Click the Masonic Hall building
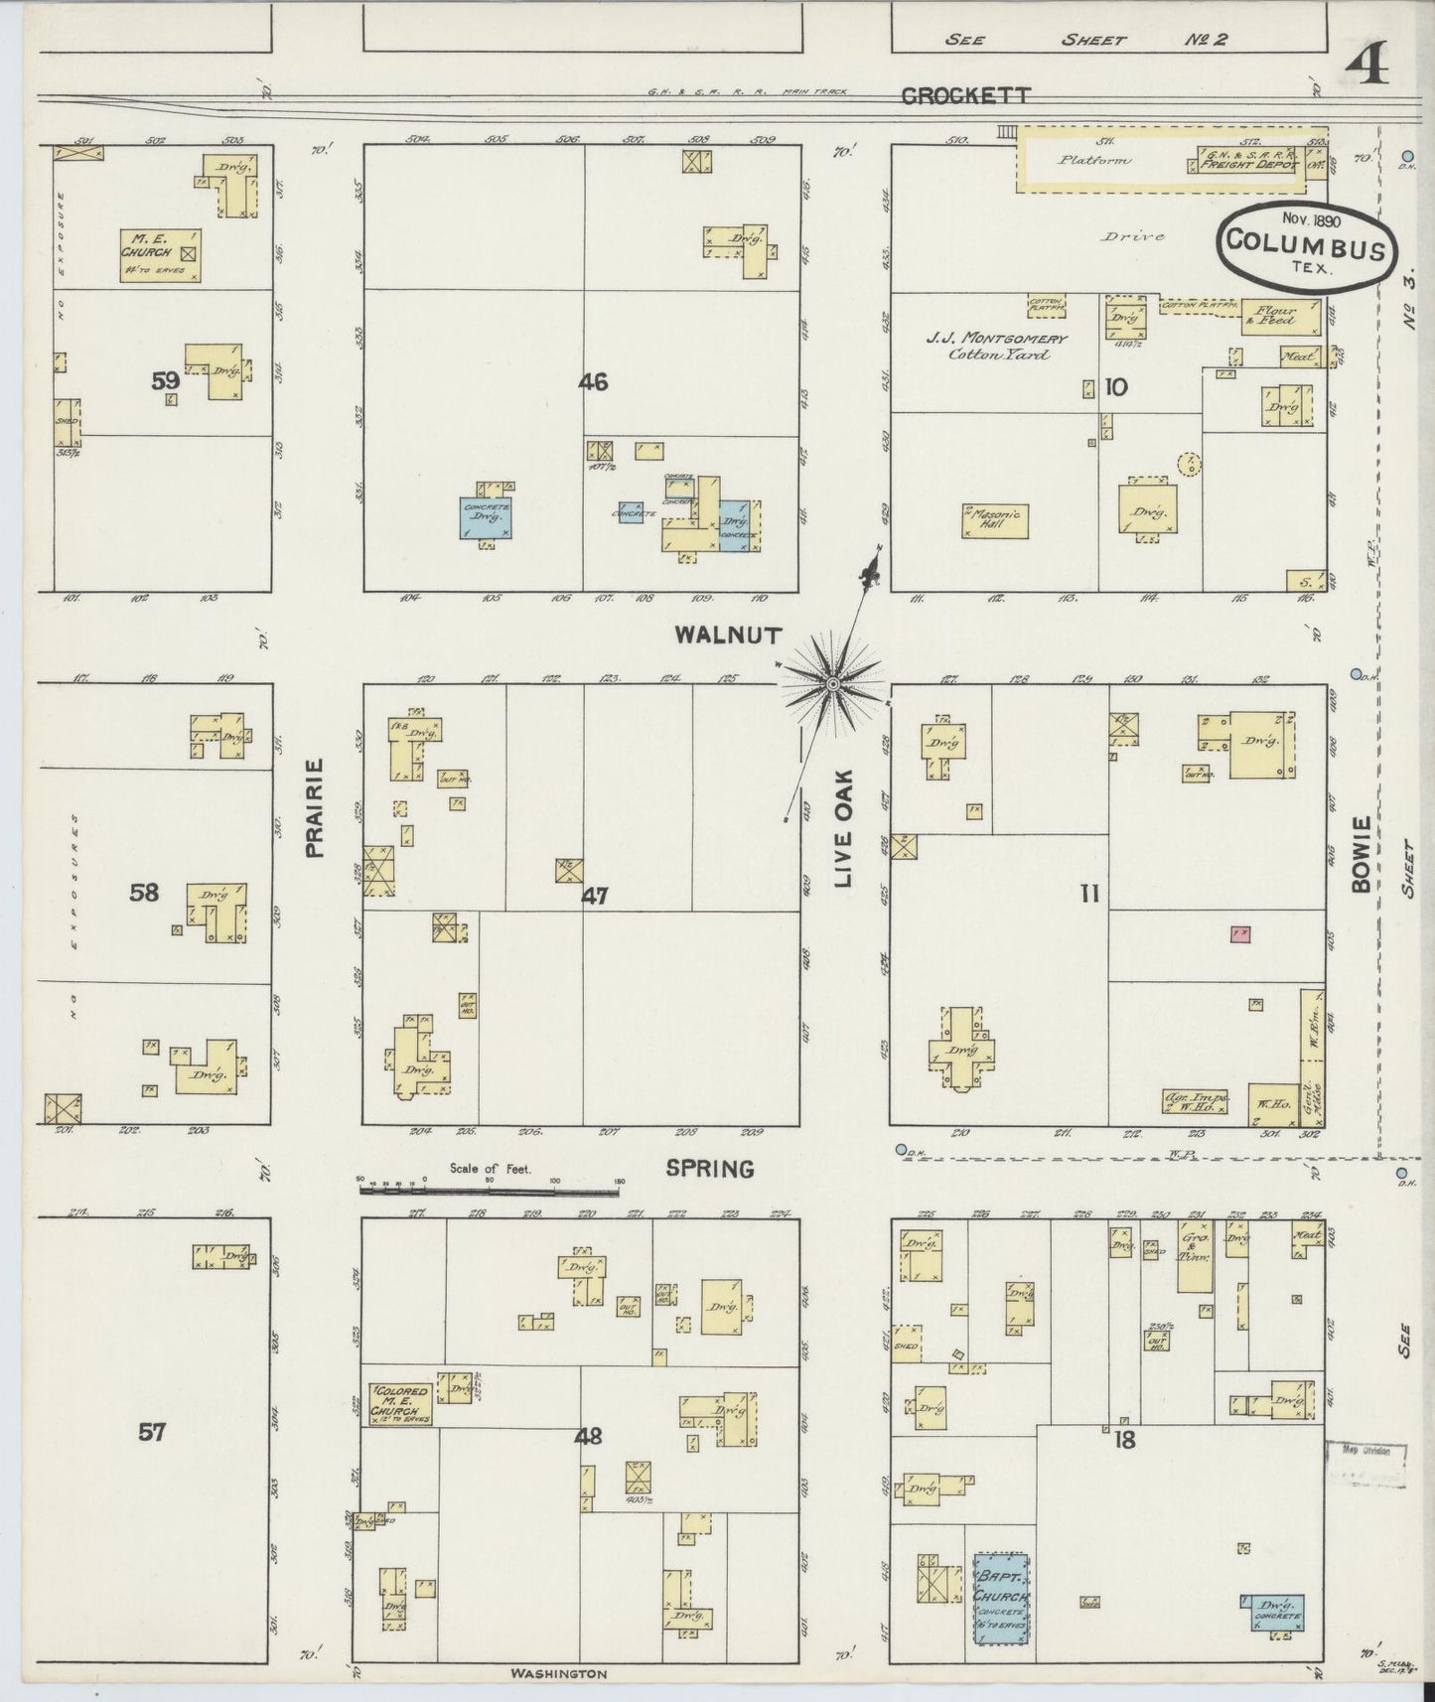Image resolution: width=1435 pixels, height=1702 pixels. pyautogui.click(x=995, y=521)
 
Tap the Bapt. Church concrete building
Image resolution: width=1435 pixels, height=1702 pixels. pyautogui.click(x=1000, y=1599)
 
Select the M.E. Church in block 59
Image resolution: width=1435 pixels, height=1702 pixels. pyautogui.click(x=161, y=255)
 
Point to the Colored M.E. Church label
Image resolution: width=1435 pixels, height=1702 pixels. pyautogui.click(x=399, y=1404)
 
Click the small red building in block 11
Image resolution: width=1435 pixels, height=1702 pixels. pyautogui.click(x=1239, y=933)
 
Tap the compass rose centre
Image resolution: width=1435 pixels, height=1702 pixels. pyautogui.click(x=832, y=683)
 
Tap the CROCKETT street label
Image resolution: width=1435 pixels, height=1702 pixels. pyautogui.click(x=965, y=95)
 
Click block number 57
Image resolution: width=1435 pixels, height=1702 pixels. pyautogui.click(x=152, y=1432)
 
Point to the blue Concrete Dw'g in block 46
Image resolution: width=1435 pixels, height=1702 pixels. pyautogui.click(x=485, y=519)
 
